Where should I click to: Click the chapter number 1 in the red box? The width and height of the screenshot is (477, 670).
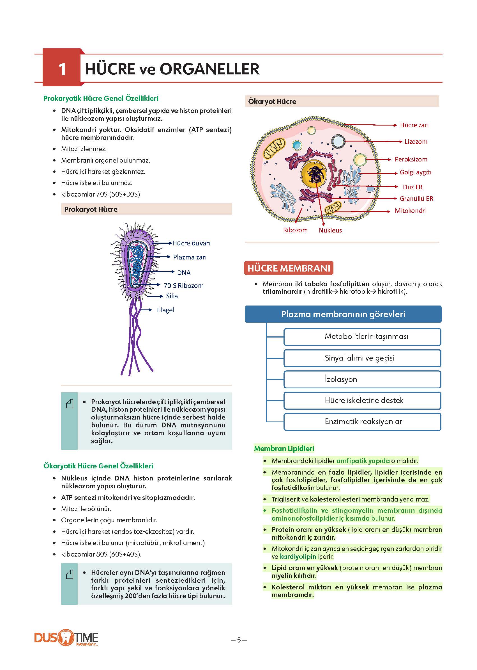pos(62,69)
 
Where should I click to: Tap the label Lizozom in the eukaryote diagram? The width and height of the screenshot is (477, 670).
pos(416,142)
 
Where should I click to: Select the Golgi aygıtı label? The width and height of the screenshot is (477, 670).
pos(415,172)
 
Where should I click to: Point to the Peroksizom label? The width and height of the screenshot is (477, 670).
pos(411,159)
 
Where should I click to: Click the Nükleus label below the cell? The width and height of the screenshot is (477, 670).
pos(330,230)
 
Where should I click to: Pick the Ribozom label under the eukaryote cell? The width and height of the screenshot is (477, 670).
pos(295,230)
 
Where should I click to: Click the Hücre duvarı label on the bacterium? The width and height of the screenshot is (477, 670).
pos(191,243)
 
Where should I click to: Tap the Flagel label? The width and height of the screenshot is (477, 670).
pos(165,310)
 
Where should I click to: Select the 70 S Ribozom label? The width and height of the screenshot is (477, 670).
pos(184,286)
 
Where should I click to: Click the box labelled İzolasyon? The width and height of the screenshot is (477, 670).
pos(362,379)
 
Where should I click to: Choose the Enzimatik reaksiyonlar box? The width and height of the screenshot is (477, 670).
pos(362,422)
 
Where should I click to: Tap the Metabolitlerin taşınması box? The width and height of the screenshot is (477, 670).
pos(362,337)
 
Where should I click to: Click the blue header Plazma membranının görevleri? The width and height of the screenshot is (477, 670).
pos(343,314)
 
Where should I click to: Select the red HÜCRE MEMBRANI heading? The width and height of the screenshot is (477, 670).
pos(289,268)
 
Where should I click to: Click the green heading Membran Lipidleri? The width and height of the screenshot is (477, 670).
pos(284,448)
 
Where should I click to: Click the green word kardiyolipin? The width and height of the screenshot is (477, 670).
pos(298,557)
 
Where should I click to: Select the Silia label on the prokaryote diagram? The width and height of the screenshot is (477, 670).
pos(172,296)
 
